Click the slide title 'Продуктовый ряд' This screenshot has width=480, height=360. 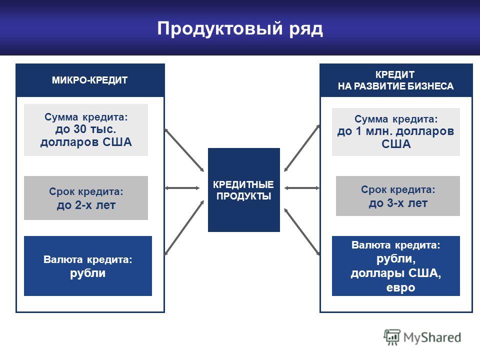click(240, 29)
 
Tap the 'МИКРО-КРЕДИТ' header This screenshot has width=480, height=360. click(89, 80)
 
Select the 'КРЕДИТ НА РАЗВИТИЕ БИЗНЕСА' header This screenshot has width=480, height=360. click(395, 80)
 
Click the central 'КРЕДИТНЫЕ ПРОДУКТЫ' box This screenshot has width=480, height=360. click(243, 190)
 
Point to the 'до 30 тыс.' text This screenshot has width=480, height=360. click(85, 129)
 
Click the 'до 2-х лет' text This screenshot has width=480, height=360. click(86, 205)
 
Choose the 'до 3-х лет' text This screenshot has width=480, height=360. click(398, 203)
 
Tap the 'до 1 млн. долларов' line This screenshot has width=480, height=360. click(395, 131)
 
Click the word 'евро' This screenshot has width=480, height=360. click(400, 288)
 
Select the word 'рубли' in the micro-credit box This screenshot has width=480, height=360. click(88, 273)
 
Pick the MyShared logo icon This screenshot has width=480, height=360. click(392, 337)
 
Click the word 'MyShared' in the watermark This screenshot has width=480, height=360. click(432, 337)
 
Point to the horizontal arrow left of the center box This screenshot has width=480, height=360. click(182, 188)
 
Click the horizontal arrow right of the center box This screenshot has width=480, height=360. click(302, 188)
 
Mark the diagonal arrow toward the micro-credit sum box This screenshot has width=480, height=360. click(184, 150)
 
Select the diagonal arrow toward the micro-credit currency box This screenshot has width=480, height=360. click(184, 228)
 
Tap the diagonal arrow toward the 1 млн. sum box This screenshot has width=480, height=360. click(302, 148)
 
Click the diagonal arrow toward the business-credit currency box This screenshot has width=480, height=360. click(302, 231)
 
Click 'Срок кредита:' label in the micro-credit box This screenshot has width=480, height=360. click(86, 191)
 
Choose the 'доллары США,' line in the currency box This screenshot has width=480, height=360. click(396, 273)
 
